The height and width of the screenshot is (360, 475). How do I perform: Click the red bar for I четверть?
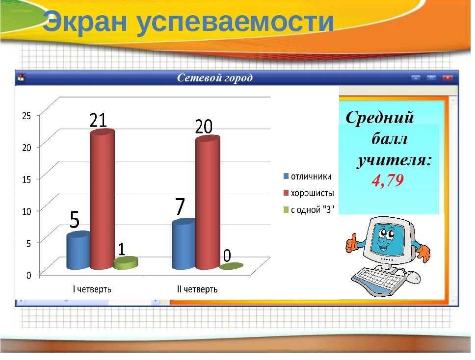[103, 199]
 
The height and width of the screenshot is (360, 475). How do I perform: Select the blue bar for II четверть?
[184, 244]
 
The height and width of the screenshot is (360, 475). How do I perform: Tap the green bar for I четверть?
[126, 263]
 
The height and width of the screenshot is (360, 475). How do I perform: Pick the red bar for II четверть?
[208, 203]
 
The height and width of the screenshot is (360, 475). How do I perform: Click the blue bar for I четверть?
[79, 251]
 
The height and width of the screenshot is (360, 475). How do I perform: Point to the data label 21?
[98, 120]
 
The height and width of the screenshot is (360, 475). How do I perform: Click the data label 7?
[180, 206]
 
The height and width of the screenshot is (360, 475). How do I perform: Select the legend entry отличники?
[308, 177]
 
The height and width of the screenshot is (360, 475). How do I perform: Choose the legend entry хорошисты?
[309, 193]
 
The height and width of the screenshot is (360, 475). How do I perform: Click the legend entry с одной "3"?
[309, 209]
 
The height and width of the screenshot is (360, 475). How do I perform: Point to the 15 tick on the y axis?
[26, 179]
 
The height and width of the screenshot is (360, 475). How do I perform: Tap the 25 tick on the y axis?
[26, 115]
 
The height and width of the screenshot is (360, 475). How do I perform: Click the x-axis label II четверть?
[197, 289]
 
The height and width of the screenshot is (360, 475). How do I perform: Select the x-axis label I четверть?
[92, 289]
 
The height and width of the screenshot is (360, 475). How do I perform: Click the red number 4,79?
[388, 180]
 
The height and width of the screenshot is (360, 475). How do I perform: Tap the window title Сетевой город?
[214, 78]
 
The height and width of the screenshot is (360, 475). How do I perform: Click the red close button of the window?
[448, 78]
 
